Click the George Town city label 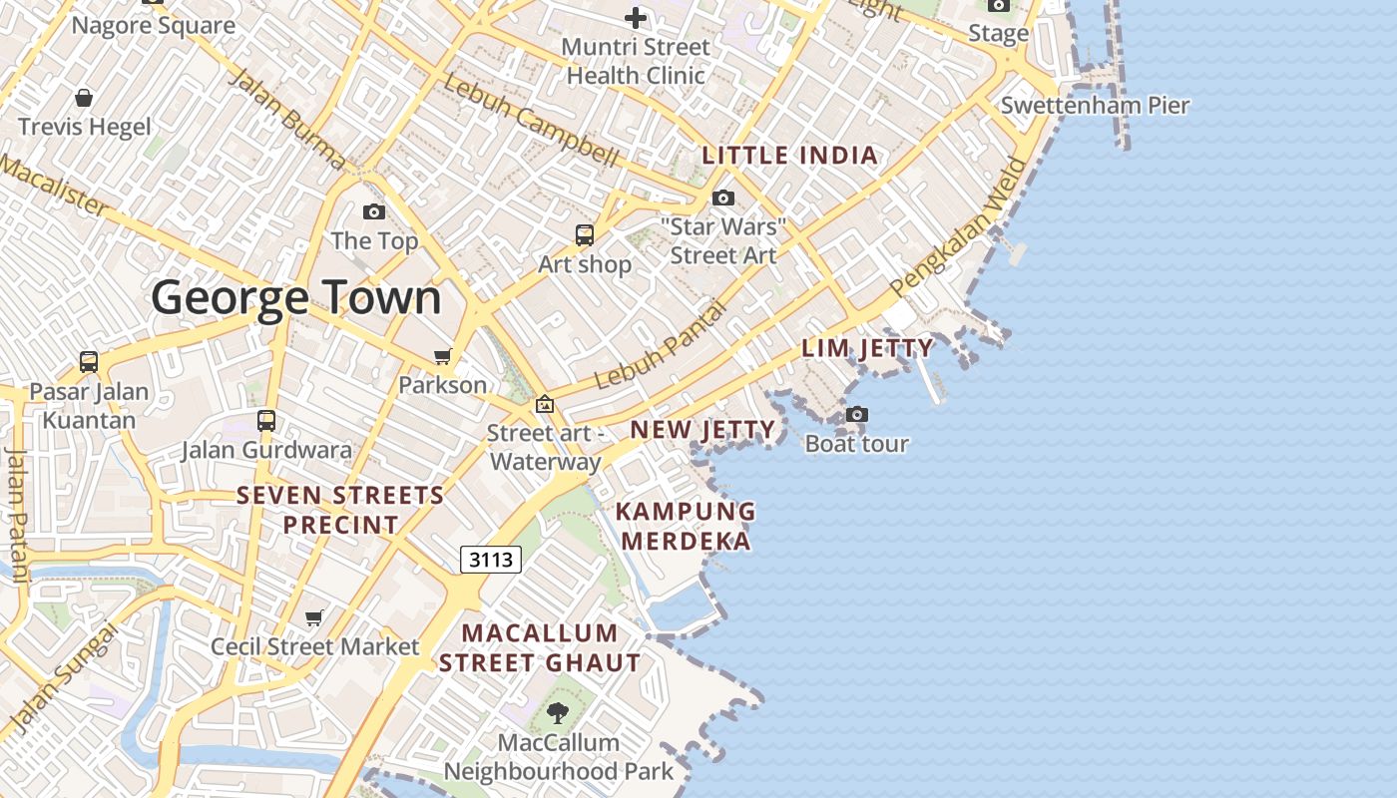click(x=296, y=298)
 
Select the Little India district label click(x=790, y=156)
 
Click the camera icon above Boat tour click(x=856, y=414)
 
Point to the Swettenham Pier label click(x=1095, y=106)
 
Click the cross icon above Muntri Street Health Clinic click(x=636, y=18)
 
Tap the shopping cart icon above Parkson click(x=442, y=356)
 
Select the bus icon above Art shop click(x=585, y=235)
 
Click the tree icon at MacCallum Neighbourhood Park click(x=558, y=712)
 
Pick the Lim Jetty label click(x=868, y=348)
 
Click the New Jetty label click(x=702, y=430)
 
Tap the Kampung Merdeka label click(x=686, y=526)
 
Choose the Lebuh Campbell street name click(x=531, y=119)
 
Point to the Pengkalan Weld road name click(x=960, y=226)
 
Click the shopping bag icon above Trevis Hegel click(x=85, y=98)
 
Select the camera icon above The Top click(x=374, y=211)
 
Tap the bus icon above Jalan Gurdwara click(x=265, y=420)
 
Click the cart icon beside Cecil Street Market click(x=314, y=617)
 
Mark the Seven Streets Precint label click(x=340, y=510)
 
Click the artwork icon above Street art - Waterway click(x=545, y=404)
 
